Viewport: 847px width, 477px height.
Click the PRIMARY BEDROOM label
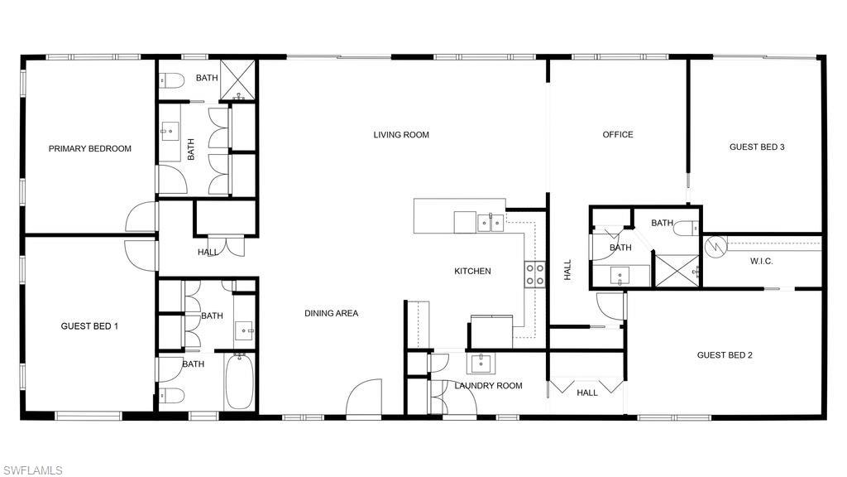[x=89, y=149]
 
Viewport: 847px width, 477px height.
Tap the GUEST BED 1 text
[x=89, y=326]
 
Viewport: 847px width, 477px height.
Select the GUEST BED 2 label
[x=725, y=355]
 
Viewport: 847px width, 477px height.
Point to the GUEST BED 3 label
[x=756, y=147]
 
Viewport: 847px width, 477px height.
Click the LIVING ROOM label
[x=401, y=135]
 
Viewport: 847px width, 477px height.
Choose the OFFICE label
[x=617, y=135]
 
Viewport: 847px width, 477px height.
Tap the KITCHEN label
[x=472, y=272]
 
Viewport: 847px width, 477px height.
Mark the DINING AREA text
[x=331, y=314]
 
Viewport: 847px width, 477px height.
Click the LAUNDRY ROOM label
[x=488, y=386]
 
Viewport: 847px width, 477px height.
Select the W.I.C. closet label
[x=761, y=262]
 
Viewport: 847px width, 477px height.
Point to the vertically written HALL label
[x=567, y=270]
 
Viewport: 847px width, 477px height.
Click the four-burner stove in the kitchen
[x=535, y=274]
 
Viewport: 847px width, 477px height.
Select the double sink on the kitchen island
[x=490, y=222]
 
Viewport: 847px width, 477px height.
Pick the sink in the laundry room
[x=481, y=363]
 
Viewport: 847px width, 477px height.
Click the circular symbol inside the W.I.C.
[x=715, y=245]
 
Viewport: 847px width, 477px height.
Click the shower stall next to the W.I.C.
[x=677, y=271]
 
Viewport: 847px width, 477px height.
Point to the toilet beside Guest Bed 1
[x=170, y=394]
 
